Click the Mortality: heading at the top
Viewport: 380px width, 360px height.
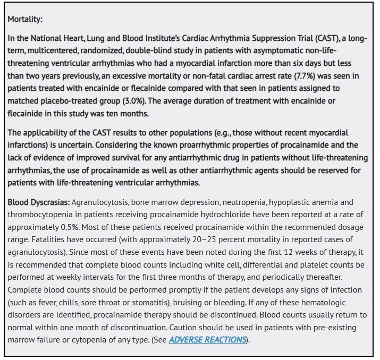pos(25,19)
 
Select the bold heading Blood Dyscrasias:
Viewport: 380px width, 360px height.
pos(38,202)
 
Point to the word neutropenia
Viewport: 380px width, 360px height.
pos(247,202)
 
